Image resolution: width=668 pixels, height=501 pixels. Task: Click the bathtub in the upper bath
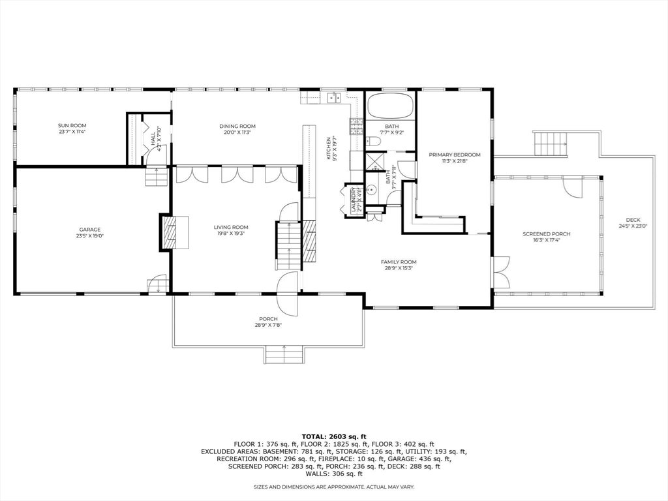391,106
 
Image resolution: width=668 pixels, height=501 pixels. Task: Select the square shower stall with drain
374,162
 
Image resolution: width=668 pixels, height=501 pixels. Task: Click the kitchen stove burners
356,126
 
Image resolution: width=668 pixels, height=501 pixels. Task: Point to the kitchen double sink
333,98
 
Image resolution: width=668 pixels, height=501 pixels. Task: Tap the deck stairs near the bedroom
551,144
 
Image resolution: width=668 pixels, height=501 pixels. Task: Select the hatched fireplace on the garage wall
171,233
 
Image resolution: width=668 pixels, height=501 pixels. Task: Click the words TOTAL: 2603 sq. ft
334,436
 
